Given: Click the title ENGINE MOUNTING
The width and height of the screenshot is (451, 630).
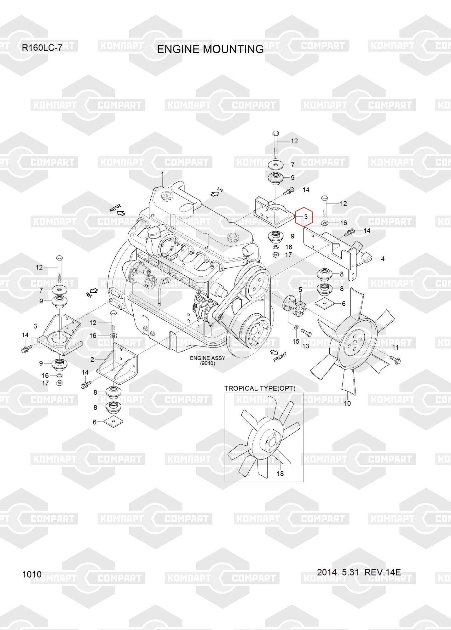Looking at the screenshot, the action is coord(210,49).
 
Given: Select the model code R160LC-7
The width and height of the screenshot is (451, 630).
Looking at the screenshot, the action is coord(42,48).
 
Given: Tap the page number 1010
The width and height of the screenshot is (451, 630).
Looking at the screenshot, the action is coord(32,574).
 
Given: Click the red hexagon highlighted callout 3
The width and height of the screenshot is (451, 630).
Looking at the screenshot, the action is coord(303,217).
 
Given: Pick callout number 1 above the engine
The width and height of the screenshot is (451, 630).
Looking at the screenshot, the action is coord(162,174).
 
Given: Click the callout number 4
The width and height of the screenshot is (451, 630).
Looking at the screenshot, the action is coord(383,259).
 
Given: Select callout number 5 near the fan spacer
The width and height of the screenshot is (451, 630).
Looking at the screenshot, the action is coord(300,290).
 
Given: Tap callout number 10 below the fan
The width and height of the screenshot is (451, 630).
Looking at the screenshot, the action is coord(347,403).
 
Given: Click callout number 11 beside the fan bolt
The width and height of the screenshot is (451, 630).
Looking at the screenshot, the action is coord(395,347).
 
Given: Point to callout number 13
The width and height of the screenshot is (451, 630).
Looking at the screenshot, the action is coord(305,346).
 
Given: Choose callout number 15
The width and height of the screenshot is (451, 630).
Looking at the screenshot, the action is coord(296,341).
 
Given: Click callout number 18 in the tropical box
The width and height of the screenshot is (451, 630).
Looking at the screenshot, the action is coord(280,473).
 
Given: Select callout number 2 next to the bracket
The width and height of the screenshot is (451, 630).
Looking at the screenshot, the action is coord(92,360).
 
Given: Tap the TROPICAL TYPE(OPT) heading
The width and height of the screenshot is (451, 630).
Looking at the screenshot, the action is coord(260,388).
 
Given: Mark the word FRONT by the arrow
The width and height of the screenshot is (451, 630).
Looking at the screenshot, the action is coord(280,357).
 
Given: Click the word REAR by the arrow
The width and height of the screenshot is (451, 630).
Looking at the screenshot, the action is coord(115,208).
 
